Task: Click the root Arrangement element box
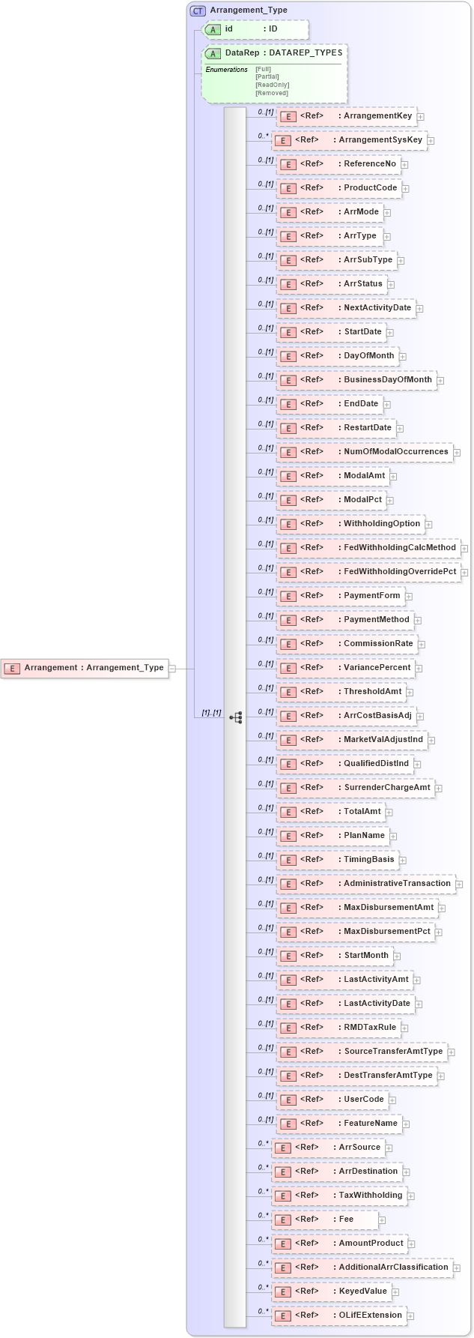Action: (85, 668)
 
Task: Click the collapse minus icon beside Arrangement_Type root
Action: (172, 668)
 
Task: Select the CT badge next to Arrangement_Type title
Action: (198, 11)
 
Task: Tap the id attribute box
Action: (255, 29)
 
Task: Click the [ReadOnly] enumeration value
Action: (272, 85)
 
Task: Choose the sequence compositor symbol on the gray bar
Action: (235, 717)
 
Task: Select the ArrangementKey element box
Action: (346, 116)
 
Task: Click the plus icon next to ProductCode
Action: (405, 189)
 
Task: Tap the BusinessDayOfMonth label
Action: (387, 380)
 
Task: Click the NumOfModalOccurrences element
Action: (365, 452)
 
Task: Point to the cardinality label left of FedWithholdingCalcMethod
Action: (265, 544)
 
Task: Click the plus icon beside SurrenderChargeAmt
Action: (439, 789)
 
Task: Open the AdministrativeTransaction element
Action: (365, 884)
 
